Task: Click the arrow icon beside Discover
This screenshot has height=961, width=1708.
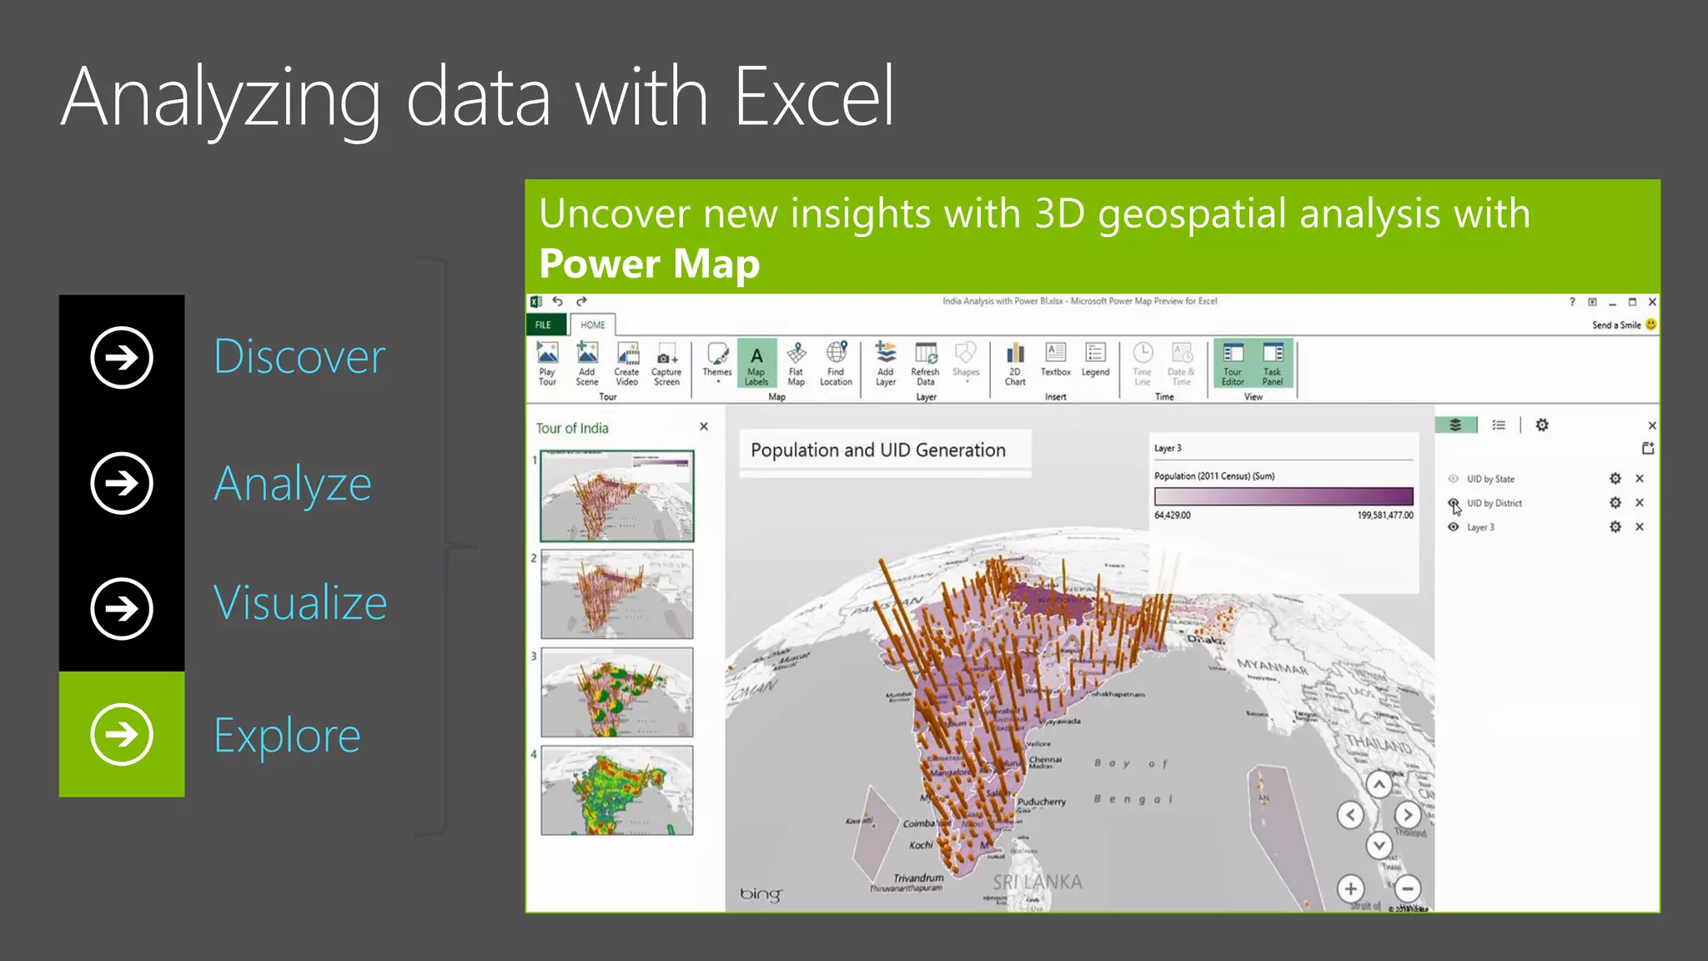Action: coord(122,358)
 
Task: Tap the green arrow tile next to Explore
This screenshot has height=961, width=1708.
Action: coord(122,734)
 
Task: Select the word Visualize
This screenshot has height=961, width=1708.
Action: coord(300,602)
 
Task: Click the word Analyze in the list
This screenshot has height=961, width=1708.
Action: coord(293,484)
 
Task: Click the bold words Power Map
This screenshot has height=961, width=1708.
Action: coord(649,264)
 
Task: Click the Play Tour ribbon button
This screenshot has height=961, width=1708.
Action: coord(547,364)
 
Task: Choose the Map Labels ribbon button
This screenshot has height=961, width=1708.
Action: coord(756,364)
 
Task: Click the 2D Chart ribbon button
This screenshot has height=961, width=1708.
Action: coord(1015,364)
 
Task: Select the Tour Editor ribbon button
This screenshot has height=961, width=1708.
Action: coord(1233,364)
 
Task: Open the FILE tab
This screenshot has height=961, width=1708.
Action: coord(544,325)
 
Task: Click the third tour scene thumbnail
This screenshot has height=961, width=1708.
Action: coord(617,692)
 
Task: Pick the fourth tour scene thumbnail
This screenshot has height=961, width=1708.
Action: coord(617,790)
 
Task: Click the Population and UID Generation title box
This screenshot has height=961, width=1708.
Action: coord(884,450)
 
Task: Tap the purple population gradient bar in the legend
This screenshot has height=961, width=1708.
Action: coord(1284,496)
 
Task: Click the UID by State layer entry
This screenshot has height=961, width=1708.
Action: coord(1490,479)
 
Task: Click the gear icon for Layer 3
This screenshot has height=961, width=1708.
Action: coord(1615,527)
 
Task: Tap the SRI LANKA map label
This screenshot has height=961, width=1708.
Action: coord(1037,882)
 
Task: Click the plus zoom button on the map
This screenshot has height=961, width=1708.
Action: coord(1351,888)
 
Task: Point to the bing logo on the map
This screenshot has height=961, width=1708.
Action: coord(761,893)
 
